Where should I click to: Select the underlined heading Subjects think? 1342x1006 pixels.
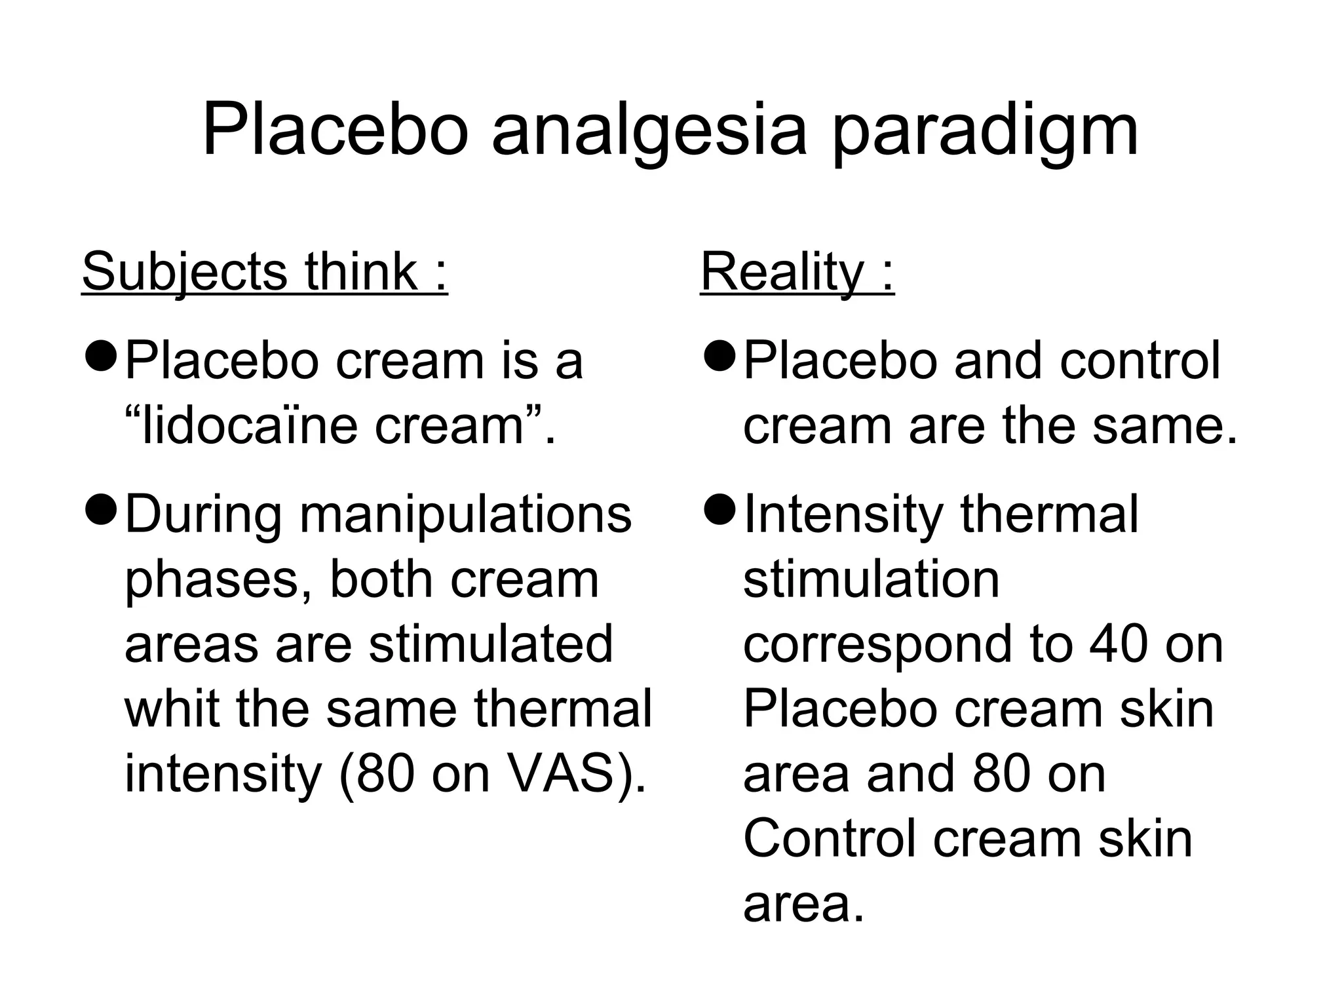point(265,271)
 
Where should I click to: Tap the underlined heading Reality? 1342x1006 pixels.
point(797,271)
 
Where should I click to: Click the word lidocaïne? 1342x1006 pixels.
point(250,426)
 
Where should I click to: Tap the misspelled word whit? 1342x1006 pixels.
point(172,709)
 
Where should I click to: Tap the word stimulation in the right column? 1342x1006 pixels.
point(871,579)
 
